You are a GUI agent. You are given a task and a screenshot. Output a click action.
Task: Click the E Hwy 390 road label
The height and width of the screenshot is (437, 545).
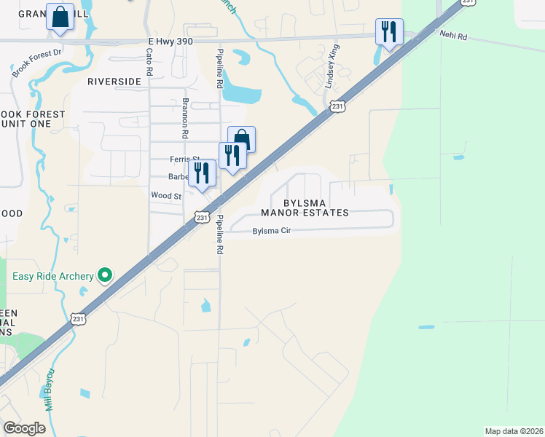[170, 42]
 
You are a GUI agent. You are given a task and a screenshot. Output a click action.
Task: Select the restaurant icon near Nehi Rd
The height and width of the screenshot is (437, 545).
[389, 32]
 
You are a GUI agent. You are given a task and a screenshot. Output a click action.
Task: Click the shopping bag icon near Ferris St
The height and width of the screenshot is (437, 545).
[242, 139]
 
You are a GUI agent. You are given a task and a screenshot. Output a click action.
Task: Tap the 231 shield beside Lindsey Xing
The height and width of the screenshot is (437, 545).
[337, 107]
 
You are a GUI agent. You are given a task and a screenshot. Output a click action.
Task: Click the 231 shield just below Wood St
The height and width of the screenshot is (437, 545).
[202, 217]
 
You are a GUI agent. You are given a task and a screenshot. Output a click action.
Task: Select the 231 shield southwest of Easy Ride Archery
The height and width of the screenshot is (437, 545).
[79, 318]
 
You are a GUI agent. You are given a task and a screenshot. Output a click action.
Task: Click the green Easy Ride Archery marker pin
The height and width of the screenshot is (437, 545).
[106, 275]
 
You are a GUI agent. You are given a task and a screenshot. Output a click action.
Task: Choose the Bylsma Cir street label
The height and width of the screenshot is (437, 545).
[271, 232]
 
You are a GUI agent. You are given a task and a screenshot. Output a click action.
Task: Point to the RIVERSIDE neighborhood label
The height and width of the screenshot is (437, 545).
[114, 82]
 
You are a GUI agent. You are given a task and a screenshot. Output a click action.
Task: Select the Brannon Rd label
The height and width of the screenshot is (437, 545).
[185, 119]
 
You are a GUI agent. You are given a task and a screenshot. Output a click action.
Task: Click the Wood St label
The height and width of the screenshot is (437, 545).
[165, 196]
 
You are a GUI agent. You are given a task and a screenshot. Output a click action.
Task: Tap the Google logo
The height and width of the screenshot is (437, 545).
[24, 428]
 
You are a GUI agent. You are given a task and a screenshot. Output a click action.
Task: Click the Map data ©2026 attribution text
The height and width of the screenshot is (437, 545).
[513, 430]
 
